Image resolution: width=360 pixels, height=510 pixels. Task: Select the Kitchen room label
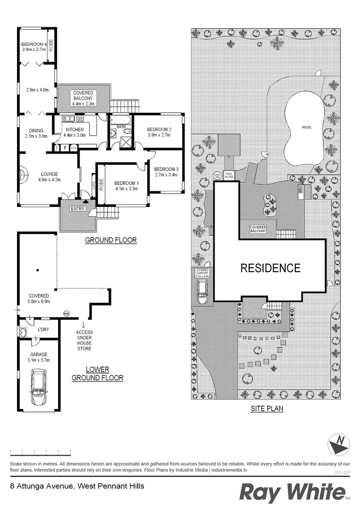pos(75,130)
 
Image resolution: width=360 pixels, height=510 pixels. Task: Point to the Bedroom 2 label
pos(159,130)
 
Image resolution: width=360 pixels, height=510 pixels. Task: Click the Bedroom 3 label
pos(166,169)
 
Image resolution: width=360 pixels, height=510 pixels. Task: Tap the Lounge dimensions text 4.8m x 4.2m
pos(50,179)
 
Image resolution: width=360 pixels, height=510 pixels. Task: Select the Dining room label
pos(36,131)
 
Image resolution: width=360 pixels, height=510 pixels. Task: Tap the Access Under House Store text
pos(84,340)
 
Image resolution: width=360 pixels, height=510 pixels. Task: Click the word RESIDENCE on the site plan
pos(270,268)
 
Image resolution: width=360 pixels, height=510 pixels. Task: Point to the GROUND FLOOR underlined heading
pos(110,240)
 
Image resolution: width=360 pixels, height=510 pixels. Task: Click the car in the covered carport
pos(203,291)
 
